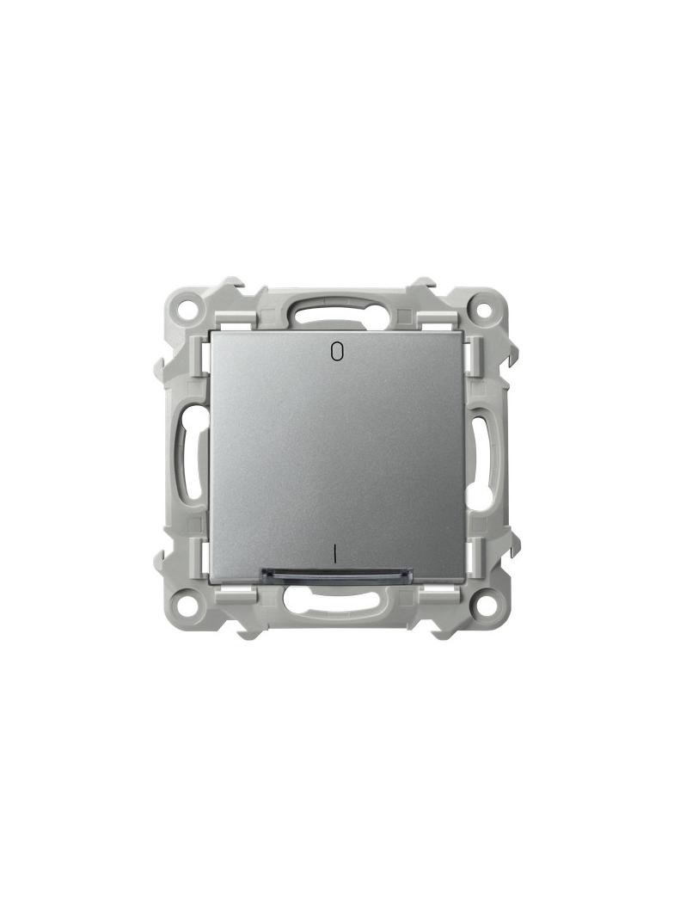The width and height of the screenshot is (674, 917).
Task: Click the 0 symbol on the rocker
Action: [336, 351]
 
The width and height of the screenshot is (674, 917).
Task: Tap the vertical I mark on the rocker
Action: [335, 553]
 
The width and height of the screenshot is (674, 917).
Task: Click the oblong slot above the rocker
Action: [335, 316]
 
